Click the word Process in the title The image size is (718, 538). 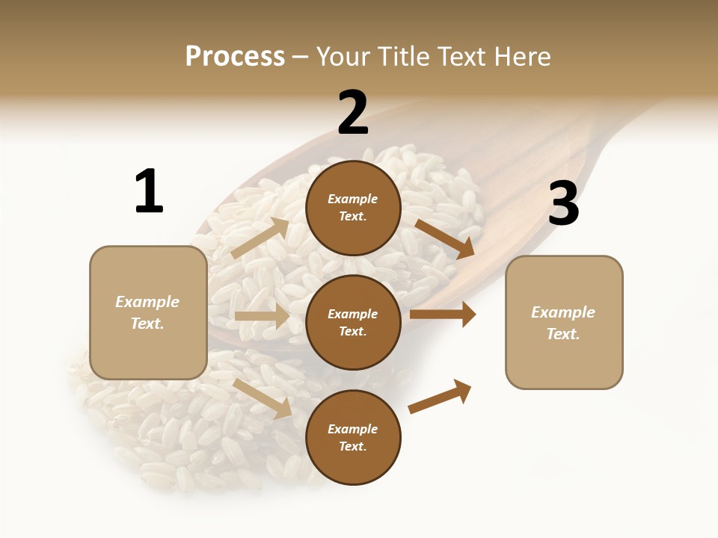[x=235, y=57]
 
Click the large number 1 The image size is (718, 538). [x=149, y=192]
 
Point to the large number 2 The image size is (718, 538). [x=353, y=113]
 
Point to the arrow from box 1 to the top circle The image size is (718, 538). [x=260, y=238]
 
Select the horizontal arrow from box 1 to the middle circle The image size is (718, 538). [x=262, y=316]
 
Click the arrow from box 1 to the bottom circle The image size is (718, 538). [x=263, y=398]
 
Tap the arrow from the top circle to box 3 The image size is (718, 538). [x=445, y=238]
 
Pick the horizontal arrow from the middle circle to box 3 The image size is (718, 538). [x=442, y=315]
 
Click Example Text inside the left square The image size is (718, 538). [x=147, y=312]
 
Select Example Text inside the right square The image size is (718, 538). [x=563, y=323]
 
